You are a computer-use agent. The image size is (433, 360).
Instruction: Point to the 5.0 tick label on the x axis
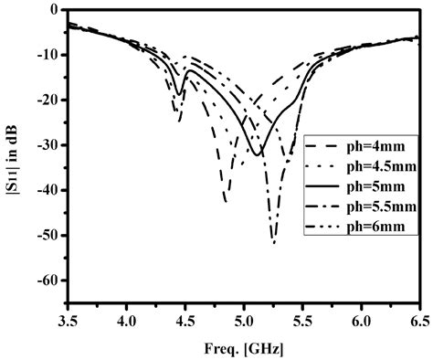(244, 321)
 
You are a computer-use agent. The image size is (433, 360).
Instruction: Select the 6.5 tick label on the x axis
(419, 321)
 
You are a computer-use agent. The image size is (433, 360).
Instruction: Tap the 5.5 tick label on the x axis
(302, 321)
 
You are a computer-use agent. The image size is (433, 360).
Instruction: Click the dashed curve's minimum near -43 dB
(225, 200)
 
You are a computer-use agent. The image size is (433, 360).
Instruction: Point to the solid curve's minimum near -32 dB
(258, 154)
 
